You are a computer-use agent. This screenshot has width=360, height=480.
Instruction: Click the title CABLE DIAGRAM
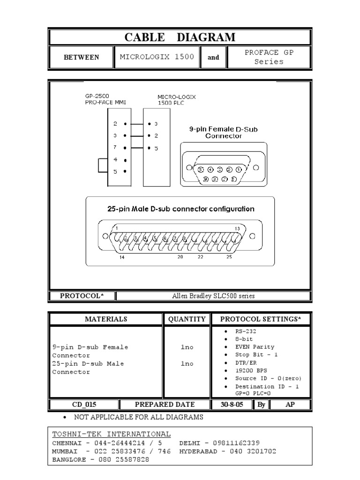coord(180,37)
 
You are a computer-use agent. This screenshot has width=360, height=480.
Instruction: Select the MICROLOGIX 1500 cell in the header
coord(157,57)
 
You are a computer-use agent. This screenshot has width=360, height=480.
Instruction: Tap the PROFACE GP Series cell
coord(269,57)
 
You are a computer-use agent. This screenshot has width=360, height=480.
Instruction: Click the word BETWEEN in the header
coord(81,57)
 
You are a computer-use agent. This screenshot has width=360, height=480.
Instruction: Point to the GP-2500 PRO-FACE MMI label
coord(106,99)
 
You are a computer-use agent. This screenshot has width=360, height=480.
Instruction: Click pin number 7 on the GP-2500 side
coord(115,147)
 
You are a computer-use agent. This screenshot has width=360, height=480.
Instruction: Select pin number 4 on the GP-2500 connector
coord(115,159)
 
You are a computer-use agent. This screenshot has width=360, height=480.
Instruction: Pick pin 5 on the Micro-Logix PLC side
coord(156,148)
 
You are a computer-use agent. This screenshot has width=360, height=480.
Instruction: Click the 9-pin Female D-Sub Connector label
coord(224,132)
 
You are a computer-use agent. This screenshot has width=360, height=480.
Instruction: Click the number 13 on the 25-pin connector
coord(237,228)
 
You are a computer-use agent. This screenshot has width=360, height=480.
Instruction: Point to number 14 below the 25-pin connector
coord(122,257)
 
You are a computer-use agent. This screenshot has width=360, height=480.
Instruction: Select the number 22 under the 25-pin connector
coord(201,257)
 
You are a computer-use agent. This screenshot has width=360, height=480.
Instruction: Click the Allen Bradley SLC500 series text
coord(213,296)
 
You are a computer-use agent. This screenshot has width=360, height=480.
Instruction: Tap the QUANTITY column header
coord(187,319)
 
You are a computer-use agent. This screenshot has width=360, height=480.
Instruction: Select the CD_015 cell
coord(84,405)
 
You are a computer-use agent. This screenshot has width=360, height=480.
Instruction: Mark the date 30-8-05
coord(232,405)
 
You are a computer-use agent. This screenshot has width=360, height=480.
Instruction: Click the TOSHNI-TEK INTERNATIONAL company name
coord(112,434)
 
